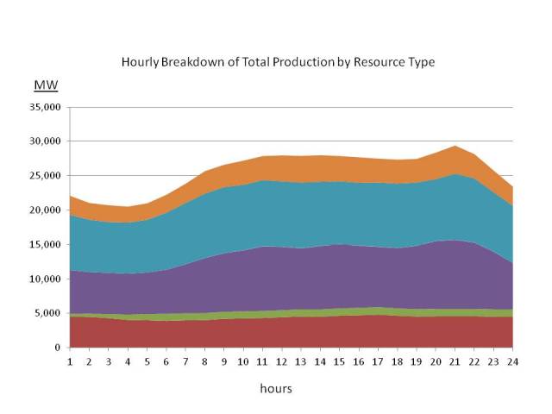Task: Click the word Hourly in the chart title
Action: [x=140, y=63]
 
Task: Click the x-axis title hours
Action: [x=276, y=388]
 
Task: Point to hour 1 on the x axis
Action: [x=70, y=361]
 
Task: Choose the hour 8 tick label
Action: [x=205, y=361]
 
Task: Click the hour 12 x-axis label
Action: [x=282, y=361]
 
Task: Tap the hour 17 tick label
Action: [x=379, y=361]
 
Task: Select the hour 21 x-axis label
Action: [x=455, y=361]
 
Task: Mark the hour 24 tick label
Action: [x=513, y=361]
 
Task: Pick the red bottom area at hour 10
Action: [x=243, y=333]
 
